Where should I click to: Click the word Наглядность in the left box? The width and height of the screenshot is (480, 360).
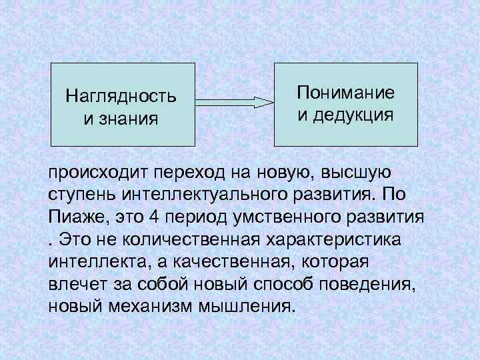121,97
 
